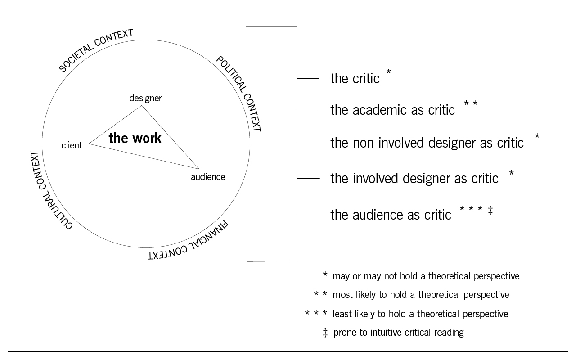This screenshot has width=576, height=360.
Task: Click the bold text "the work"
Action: [x=135, y=138]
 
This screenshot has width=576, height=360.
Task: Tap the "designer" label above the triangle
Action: [x=145, y=98]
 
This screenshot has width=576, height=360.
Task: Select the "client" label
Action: [x=72, y=145]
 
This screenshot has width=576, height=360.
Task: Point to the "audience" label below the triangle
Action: [x=208, y=177]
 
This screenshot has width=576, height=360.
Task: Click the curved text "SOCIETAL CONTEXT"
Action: [x=96, y=50]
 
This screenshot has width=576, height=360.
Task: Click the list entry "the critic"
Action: [x=355, y=79]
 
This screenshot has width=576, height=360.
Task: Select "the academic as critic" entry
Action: [x=392, y=110]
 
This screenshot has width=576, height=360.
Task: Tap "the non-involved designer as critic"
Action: [x=427, y=143]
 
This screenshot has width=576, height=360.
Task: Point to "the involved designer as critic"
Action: [x=414, y=179]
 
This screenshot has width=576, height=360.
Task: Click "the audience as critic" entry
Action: [x=391, y=215]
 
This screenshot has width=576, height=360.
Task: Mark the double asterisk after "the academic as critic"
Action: [x=470, y=105]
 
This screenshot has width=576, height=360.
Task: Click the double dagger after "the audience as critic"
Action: [x=490, y=210]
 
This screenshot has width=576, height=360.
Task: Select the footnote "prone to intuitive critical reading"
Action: [x=399, y=333]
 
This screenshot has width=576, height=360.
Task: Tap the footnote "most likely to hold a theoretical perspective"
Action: [x=421, y=295]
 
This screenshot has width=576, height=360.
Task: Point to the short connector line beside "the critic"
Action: [x=308, y=79]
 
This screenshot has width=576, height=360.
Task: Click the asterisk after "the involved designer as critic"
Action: [x=511, y=174]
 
